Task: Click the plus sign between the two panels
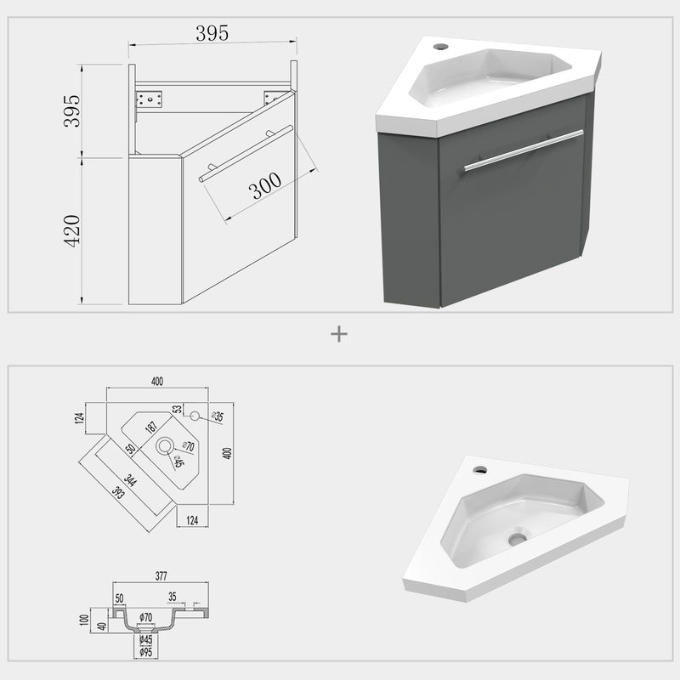coord(339,334)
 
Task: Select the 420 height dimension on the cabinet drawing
coord(73,230)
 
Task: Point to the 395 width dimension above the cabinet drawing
coord(212,33)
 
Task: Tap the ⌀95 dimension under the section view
coord(146,652)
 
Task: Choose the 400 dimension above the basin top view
coord(157,381)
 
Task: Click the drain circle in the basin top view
coord(164,445)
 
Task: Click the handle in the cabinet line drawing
coord(246,154)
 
